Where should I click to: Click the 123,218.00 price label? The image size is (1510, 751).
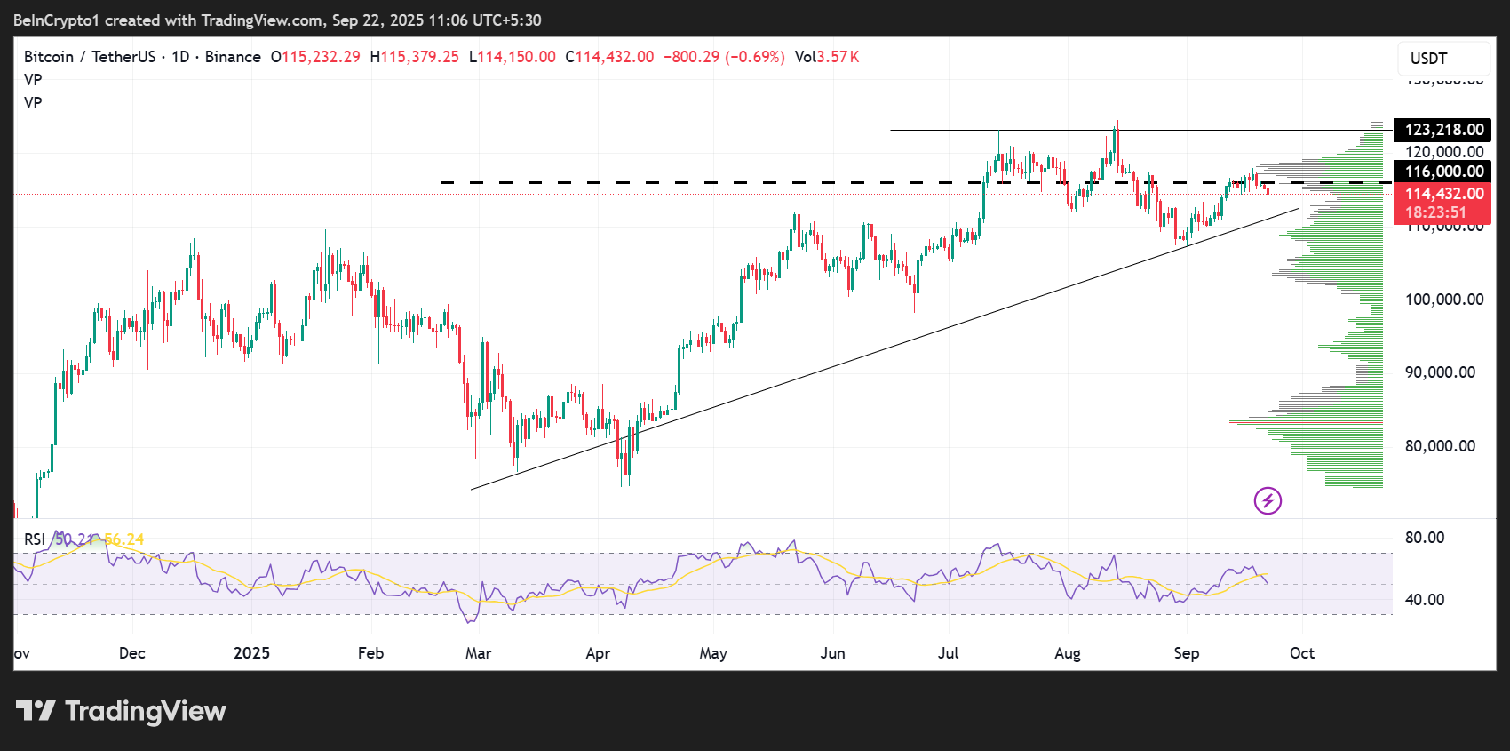1442,130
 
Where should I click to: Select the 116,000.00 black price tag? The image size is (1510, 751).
1442,172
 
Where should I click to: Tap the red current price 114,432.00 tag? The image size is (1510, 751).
1442,194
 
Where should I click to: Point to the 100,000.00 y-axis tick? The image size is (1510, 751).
1443,300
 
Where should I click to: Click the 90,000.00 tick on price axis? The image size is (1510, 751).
1440,372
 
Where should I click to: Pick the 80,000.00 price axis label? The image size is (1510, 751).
1440,446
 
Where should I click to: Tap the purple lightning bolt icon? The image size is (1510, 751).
1268,500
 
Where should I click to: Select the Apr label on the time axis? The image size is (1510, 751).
598,653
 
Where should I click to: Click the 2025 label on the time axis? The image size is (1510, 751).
251,653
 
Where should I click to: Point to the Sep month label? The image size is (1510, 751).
1186,653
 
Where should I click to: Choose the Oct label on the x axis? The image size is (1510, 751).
1301,653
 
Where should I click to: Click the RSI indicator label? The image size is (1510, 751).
35,539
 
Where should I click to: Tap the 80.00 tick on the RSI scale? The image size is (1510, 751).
1425,538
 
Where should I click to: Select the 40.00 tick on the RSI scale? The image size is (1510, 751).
1425,600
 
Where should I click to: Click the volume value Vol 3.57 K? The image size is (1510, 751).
827,57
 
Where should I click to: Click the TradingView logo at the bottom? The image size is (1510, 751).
122,711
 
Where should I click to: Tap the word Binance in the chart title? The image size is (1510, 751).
233,57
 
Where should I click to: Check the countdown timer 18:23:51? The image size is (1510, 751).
1435,212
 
